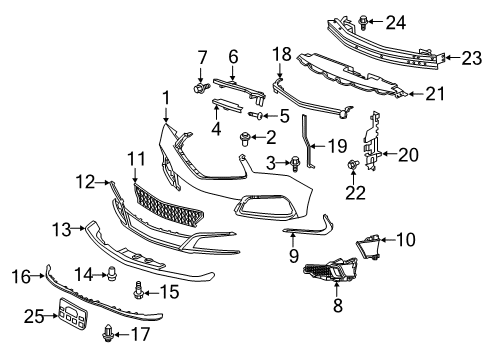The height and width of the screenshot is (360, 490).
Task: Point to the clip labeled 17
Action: click(108, 333)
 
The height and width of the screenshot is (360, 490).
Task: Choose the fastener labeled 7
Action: click(200, 90)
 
